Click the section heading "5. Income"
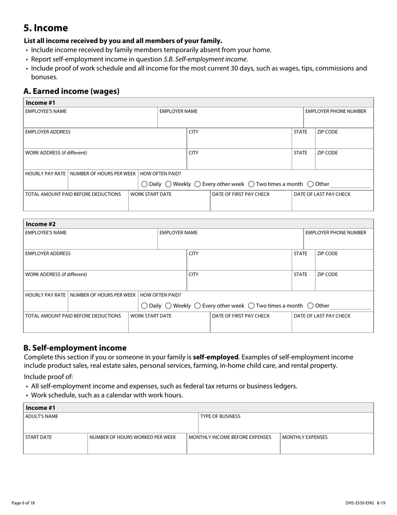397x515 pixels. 46,28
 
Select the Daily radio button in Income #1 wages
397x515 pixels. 144,184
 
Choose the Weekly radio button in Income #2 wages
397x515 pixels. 168,306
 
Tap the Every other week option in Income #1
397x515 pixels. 198,184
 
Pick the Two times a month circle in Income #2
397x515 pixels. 251,306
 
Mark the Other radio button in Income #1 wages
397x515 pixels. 310,184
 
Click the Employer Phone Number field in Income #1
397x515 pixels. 338,121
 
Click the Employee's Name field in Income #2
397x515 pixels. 90,242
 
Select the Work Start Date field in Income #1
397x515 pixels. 169,203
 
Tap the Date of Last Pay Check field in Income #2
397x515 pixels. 332,325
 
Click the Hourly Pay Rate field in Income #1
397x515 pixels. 46,183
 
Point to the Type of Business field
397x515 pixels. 285,426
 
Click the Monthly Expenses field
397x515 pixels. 326,446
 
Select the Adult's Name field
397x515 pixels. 111,426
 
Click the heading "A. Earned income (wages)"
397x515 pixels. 71,91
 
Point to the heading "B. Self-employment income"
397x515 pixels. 75,348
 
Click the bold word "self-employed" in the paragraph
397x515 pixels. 215,357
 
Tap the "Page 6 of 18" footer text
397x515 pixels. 23,503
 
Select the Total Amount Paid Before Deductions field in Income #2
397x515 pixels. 76,325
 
